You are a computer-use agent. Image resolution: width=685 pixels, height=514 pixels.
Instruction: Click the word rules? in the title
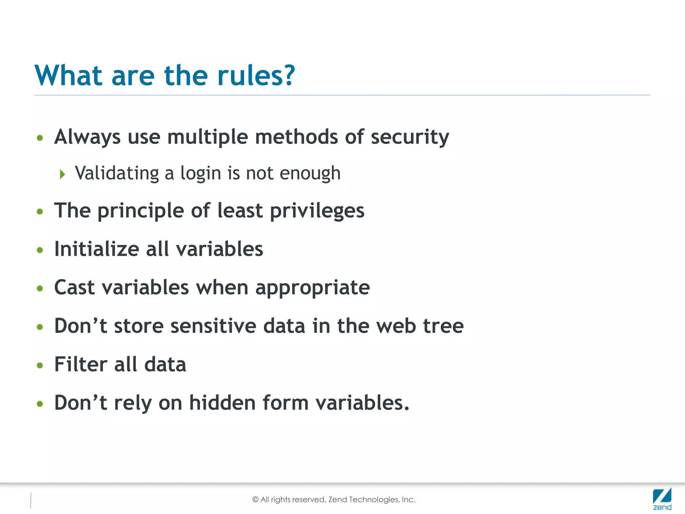(x=256, y=76)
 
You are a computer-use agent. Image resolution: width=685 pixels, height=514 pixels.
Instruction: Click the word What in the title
(x=68, y=76)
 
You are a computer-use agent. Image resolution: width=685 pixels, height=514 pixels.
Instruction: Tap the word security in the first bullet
(x=410, y=137)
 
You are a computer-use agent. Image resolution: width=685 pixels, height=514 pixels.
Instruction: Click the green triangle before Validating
(x=62, y=174)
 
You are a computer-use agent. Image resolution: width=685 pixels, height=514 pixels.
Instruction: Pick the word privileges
(x=317, y=211)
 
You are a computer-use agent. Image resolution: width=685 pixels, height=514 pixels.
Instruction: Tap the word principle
(x=140, y=211)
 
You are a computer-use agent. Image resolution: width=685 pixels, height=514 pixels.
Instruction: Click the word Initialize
(x=97, y=249)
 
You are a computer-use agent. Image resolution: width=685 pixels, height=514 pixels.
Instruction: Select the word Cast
(x=75, y=287)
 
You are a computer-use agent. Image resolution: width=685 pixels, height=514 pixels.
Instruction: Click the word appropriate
(x=312, y=288)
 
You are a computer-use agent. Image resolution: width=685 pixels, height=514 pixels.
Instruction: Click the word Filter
(x=81, y=364)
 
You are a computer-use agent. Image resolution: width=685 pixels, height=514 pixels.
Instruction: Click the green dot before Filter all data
(x=40, y=365)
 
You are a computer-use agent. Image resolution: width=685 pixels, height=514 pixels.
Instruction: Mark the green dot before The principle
(x=40, y=212)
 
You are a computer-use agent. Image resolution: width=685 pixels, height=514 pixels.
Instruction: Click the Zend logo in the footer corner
(x=662, y=499)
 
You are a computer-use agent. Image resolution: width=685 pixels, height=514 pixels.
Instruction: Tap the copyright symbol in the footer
(x=256, y=500)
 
